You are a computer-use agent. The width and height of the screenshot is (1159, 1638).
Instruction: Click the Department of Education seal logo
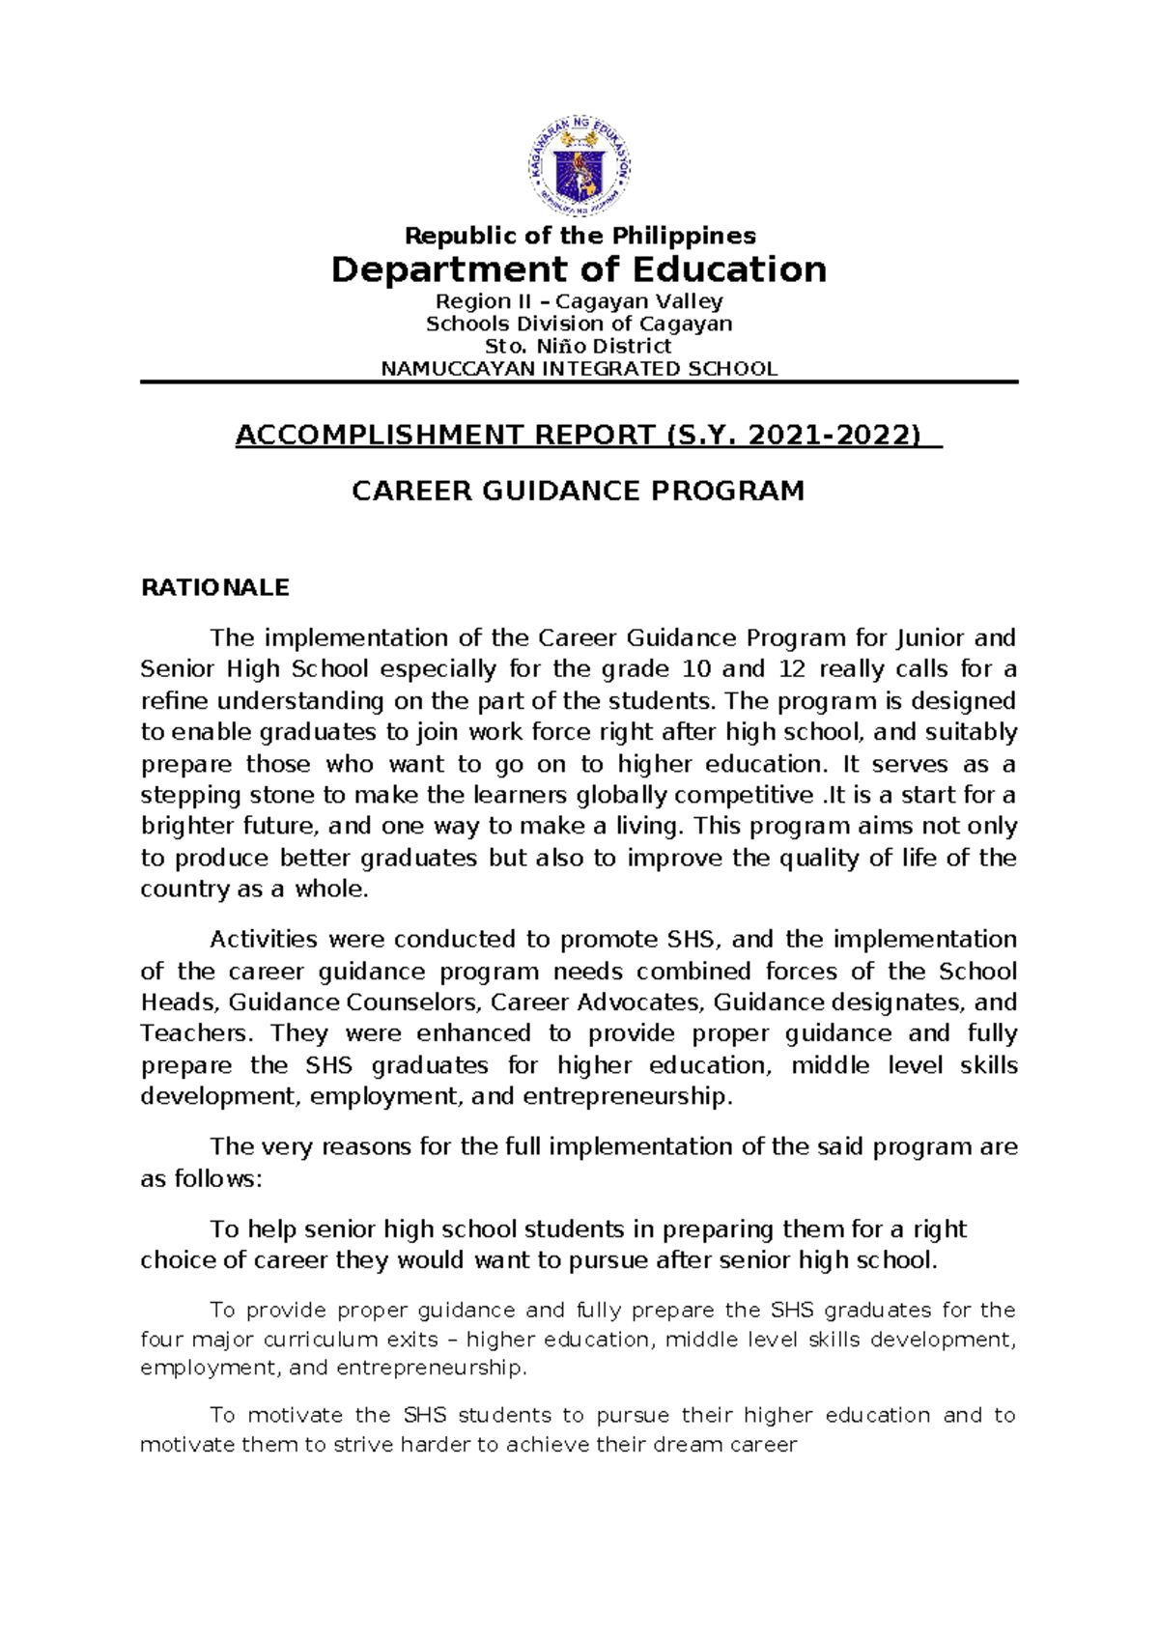[x=579, y=168]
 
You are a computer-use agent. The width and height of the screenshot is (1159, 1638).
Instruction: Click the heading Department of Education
[x=579, y=269]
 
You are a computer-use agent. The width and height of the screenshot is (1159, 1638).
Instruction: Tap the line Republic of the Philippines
[x=579, y=236]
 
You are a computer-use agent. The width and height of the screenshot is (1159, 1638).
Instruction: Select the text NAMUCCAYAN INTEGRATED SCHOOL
[x=579, y=369]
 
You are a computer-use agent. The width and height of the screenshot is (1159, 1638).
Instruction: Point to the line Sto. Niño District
[x=579, y=346]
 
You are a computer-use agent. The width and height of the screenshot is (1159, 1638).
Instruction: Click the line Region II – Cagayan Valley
[x=579, y=301]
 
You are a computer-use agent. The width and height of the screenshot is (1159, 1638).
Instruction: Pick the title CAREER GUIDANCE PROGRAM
[x=578, y=492]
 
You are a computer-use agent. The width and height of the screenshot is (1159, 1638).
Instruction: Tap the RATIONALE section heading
[x=215, y=588]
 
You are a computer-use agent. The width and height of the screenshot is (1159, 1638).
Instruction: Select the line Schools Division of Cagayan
[x=579, y=324]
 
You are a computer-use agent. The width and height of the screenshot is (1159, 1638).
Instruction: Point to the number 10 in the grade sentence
[x=695, y=669]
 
